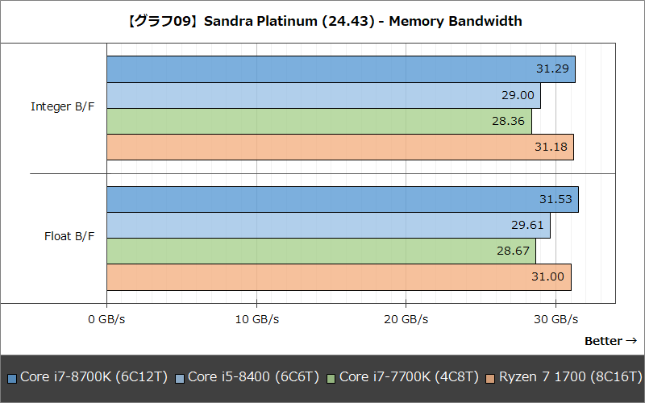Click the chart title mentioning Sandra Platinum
click(x=322, y=22)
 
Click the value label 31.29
click(x=552, y=69)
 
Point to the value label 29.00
click(x=518, y=95)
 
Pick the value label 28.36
click(x=509, y=121)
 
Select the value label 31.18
click(x=551, y=147)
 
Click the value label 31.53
click(x=556, y=199)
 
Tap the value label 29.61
click(x=527, y=225)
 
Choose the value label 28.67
click(x=513, y=251)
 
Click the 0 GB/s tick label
click(x=106, y=319)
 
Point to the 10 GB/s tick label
click(x=256, y=319)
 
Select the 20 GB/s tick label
click(x=406, y=319)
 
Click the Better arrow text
click(x=610, y=341)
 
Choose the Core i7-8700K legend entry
click(x=86, y=377)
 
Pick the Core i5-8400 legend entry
click(x=248, y=377)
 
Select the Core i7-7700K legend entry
click(x=402, y=377)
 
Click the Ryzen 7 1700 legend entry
click(x=564, y=377)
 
